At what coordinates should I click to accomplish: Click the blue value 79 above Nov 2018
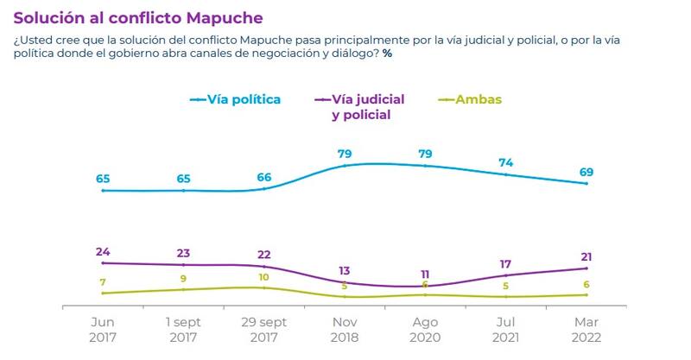click(x=345, y=155)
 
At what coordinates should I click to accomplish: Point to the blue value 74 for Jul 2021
click(x=506, y=161)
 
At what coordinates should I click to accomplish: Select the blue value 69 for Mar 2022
click(x=586, y=173)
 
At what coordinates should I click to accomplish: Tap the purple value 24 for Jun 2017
click(x=102, y=252)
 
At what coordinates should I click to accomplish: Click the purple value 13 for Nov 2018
click(x=345, y=270)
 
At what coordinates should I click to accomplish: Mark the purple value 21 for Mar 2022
click(x=586, y=257)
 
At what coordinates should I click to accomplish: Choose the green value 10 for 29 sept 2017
click(x=264, y=277)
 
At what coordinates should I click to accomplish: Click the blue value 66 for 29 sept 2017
click(x=264, y=178)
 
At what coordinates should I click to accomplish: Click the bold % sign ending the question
click(x=388, y=54)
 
